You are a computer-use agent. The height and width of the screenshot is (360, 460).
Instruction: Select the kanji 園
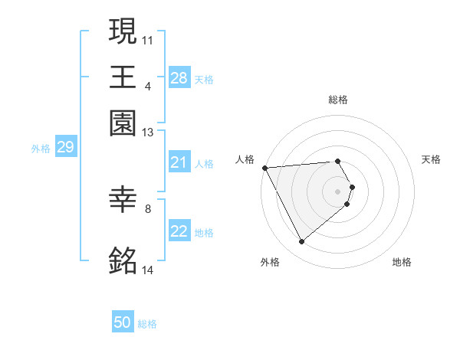pos(123,123)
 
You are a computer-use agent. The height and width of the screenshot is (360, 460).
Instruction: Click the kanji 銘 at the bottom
pos(123,260)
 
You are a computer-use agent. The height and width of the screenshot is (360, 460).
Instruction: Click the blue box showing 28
pos(179,78)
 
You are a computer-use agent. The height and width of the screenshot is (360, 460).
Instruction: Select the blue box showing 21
pos(179,163)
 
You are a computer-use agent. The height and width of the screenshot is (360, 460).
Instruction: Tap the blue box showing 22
pos(179,232)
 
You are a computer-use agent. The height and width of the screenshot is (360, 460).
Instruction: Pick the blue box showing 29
pos(65,147)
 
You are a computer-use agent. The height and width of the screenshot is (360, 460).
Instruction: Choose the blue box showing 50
pos(123,323)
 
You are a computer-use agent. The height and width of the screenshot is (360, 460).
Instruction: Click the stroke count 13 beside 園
pos(148,133)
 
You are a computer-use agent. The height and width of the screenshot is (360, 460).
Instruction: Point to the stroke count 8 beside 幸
pos(148,207)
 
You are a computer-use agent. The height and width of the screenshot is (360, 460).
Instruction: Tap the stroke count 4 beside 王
pos(148,84)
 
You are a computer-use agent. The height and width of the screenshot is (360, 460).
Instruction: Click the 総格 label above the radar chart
pos(337,100)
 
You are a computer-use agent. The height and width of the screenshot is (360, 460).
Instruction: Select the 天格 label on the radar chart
pos(431,159)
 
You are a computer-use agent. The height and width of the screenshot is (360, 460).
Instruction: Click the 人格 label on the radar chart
pos(245,159)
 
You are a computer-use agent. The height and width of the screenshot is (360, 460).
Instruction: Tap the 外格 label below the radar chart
pos(269,263)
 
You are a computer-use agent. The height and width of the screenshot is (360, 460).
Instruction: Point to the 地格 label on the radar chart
pos(402,263)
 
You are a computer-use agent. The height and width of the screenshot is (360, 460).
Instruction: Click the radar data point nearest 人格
pos(264,168)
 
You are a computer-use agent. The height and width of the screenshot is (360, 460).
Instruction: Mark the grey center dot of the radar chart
pos(337,191)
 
